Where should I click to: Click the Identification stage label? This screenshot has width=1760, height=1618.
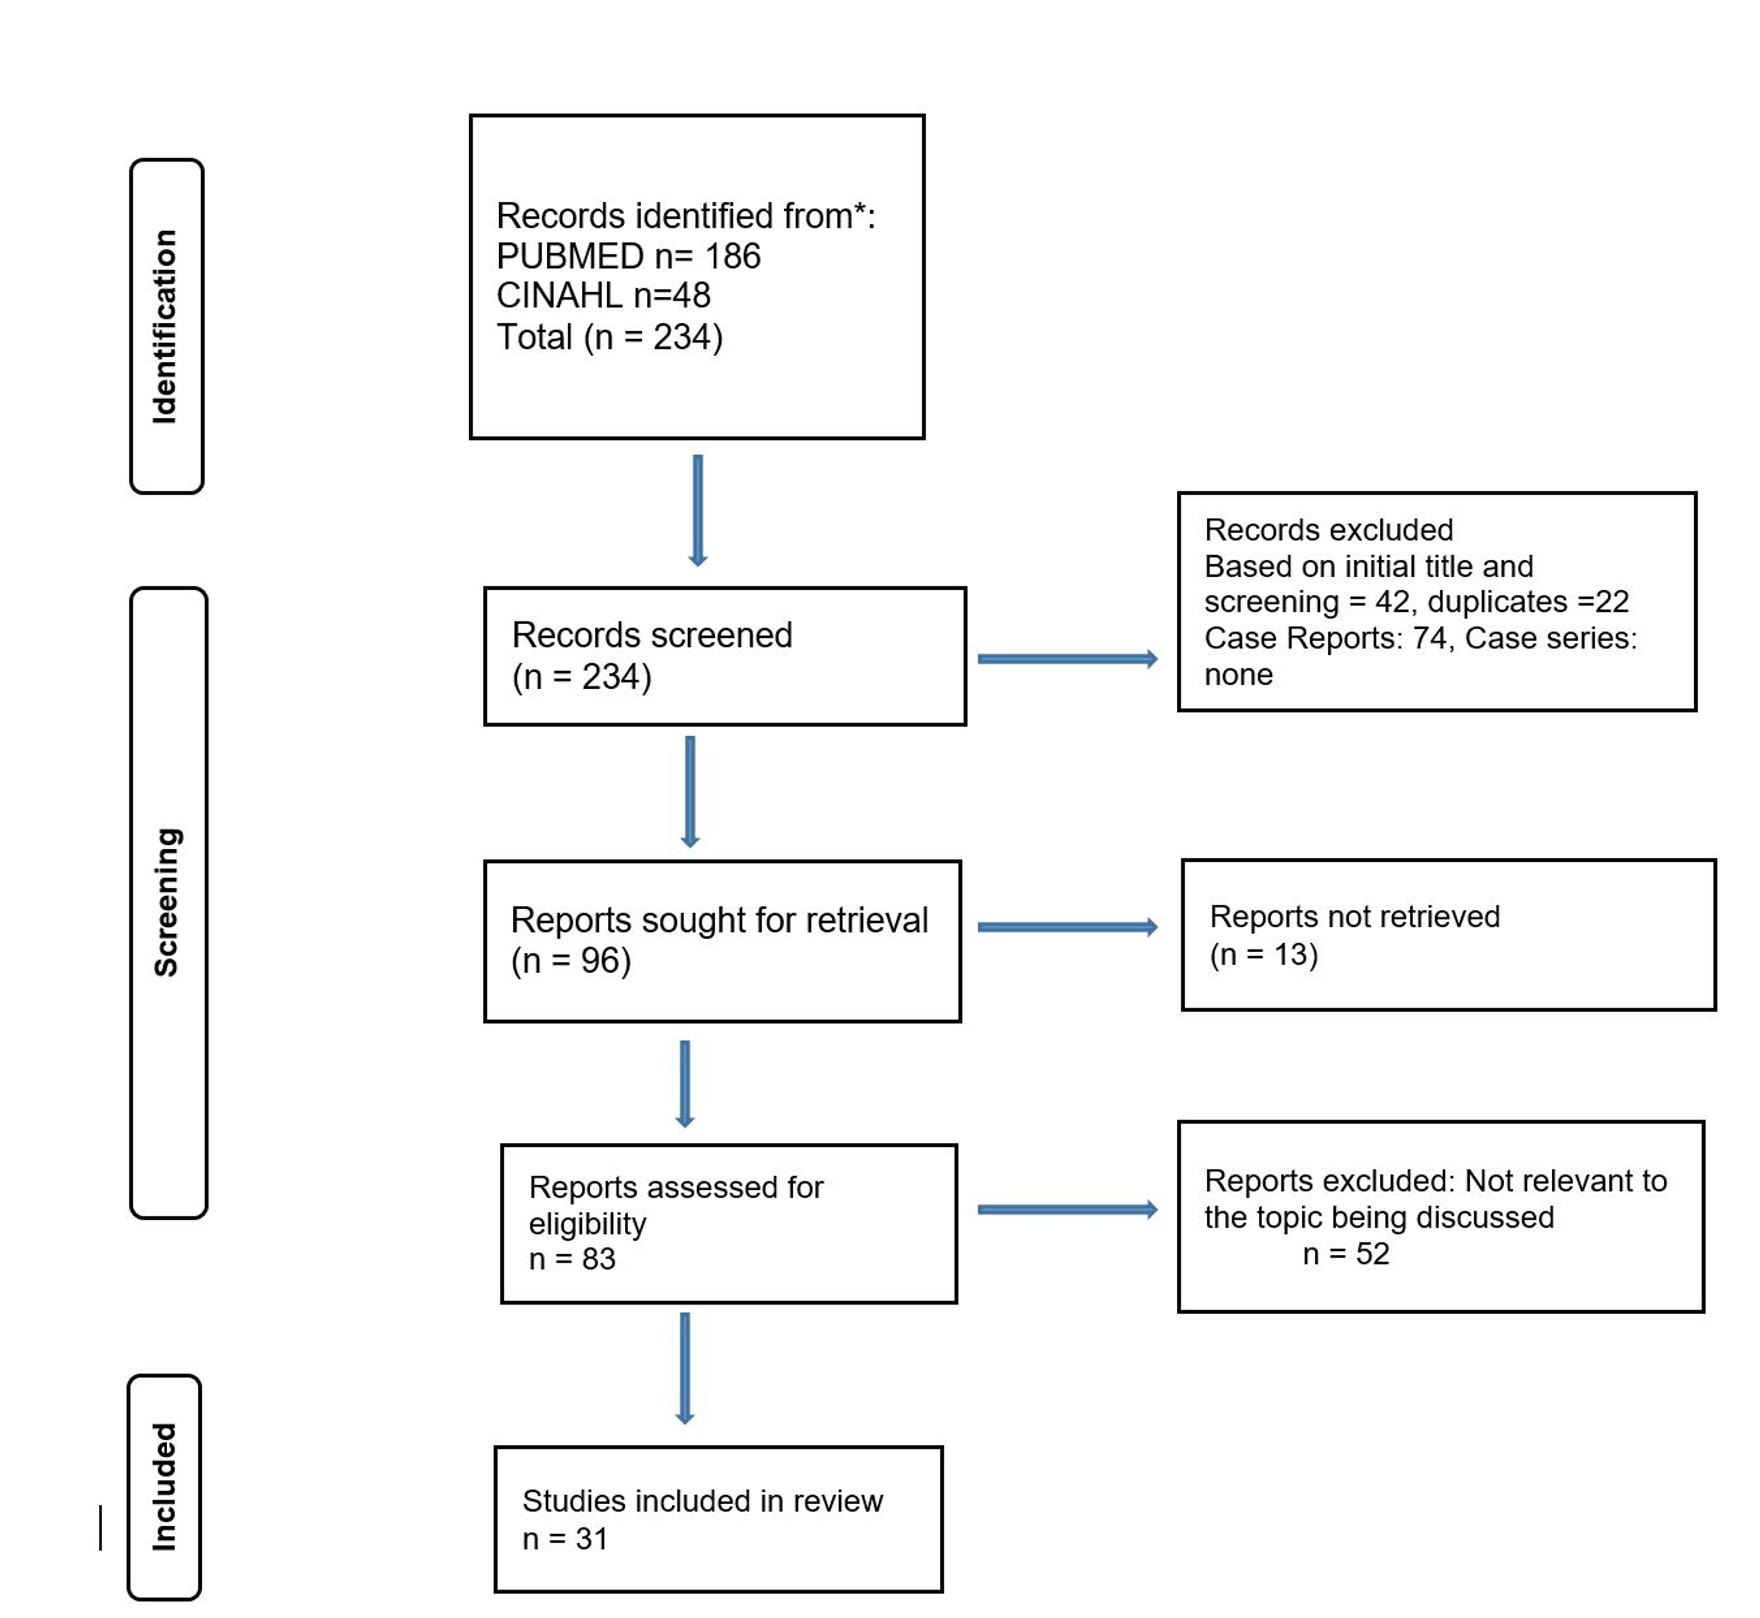point(165,327)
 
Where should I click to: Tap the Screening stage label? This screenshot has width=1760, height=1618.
point(167,902)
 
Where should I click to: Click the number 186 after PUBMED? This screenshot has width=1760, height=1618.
point(733,256)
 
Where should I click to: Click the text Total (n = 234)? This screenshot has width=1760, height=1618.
point(610,337)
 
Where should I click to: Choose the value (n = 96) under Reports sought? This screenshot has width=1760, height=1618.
point(571,960)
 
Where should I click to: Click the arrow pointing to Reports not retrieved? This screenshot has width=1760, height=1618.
point(1067,926)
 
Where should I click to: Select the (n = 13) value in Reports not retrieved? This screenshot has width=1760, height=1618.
point(1264,954)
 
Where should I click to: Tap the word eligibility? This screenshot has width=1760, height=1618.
point(587,1223)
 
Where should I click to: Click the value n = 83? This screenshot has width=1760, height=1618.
point(572,1259)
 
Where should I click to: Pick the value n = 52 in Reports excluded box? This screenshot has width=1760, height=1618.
point(1346,1254)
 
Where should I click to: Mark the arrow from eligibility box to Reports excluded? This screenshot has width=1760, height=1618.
point(1067,1209)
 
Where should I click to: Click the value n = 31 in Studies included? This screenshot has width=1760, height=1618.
point(565,1538)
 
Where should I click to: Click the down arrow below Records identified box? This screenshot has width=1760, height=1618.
point(698,510)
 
